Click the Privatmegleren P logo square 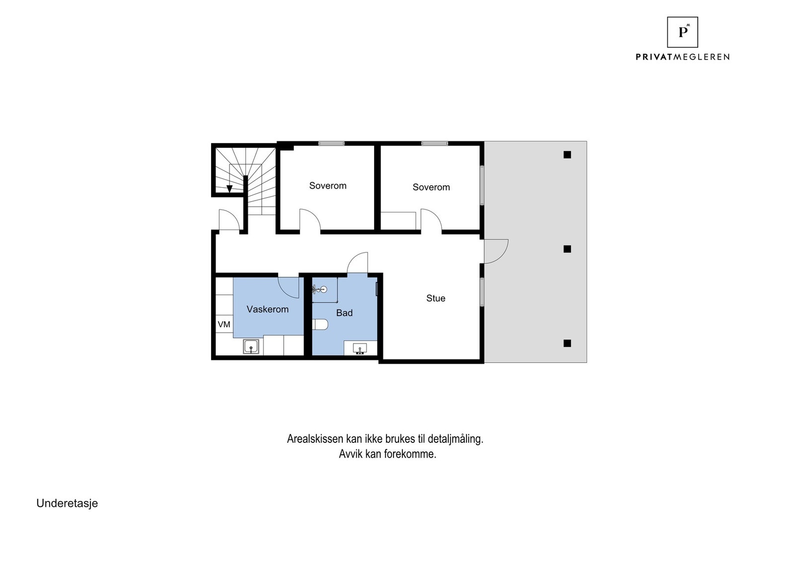(x=682, y=32)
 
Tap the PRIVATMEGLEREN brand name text (x=682, y=57)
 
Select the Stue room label (x=436, y=298)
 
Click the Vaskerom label (x=267, y=309)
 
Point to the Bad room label (x=344, y=313)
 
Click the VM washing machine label (x=224, y=324)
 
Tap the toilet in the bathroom (x=320, y=325)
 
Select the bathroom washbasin (x=360, y=349)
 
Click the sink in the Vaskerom (x=251, y=347)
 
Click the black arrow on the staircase (x=230, y=189)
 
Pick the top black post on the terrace (x=567, y=155)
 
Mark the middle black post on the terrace (x=567, y=249)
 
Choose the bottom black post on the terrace (x=567, y=343)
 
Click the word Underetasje (x=67, y=503)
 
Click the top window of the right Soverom (x=435, y=143)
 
